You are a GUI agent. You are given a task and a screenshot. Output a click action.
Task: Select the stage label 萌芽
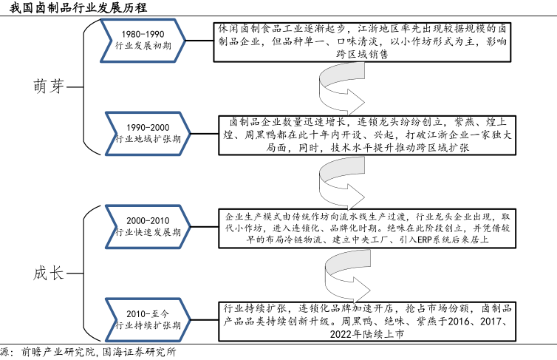48,85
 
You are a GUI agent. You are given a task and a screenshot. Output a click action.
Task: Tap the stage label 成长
48,272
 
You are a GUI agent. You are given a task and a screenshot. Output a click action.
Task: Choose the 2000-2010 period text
148,220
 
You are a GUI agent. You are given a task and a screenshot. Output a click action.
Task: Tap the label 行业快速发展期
148,232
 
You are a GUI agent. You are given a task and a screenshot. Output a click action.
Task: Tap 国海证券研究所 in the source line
140,353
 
